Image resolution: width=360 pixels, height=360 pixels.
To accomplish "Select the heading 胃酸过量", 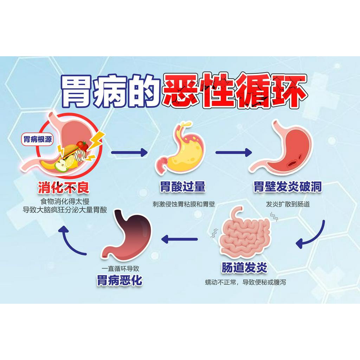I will [182, 187].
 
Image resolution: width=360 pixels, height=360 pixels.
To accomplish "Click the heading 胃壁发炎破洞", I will [288, 187].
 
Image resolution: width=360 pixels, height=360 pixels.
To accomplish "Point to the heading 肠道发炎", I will [244, 268].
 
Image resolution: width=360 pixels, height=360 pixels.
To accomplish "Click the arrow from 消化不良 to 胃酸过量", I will [129, 152].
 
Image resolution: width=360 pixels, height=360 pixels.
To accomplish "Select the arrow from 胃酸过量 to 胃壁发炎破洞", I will [233, 152].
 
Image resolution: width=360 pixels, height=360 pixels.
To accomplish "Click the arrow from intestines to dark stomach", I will [179, 239].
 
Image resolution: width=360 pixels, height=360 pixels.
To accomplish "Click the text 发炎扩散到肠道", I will [288, 204].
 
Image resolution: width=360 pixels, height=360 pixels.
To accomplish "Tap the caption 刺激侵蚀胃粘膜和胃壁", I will [184, 204].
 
